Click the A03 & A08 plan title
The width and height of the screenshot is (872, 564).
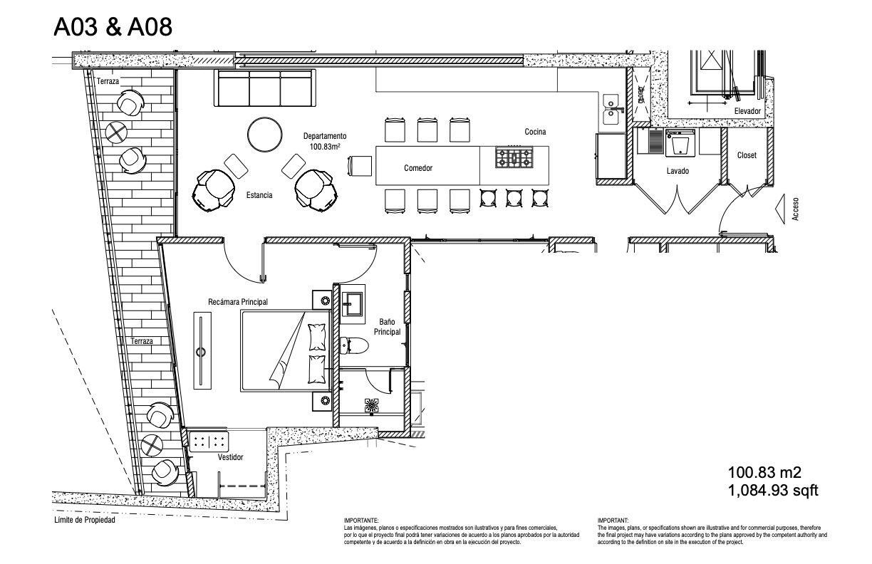pyautogui.click(x=113, y=27)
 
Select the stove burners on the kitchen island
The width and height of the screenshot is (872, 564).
pyautogui.click(x=514, y=157)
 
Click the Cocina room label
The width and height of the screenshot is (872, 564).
pyautogui.click(x=535, y=132)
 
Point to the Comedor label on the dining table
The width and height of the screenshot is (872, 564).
pyautogui.click(x=418, y=168)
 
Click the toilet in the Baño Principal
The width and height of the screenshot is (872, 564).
pyautogui.click(x=354, y=345)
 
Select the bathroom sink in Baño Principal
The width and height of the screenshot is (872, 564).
pyautogui.click(x=353, y=304)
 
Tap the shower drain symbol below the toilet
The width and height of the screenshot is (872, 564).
pyautogui.click(x=372, y=406)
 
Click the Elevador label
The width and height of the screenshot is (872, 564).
pyautogui.click(x=747, y=111)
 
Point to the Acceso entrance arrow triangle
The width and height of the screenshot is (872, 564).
pyautogui.click(x=779, y=209)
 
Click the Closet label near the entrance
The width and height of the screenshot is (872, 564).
pyautogui.click(x=747, y=155)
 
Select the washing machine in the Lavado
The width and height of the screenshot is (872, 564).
pyautogui.click(x=680, y=143)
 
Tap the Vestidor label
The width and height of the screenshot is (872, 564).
pyautogui.click(x=230, y=457)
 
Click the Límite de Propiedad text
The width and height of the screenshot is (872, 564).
pyautogui.click(x=85, y=520)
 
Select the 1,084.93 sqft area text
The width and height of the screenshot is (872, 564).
pyautogui.click(x=773, y=491)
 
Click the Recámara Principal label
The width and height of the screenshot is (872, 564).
pyautogui.click(x=238, y=302)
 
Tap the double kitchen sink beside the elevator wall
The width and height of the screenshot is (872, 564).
pyautogui.click(x=610, y=110)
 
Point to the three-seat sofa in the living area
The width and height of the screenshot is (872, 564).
pyautogui.click(x=265, y=88)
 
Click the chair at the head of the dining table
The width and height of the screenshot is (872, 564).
pyautogui.click(x=360, y=167)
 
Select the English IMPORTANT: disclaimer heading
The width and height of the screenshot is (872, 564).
pyautogui.click(x=613, y=521)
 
